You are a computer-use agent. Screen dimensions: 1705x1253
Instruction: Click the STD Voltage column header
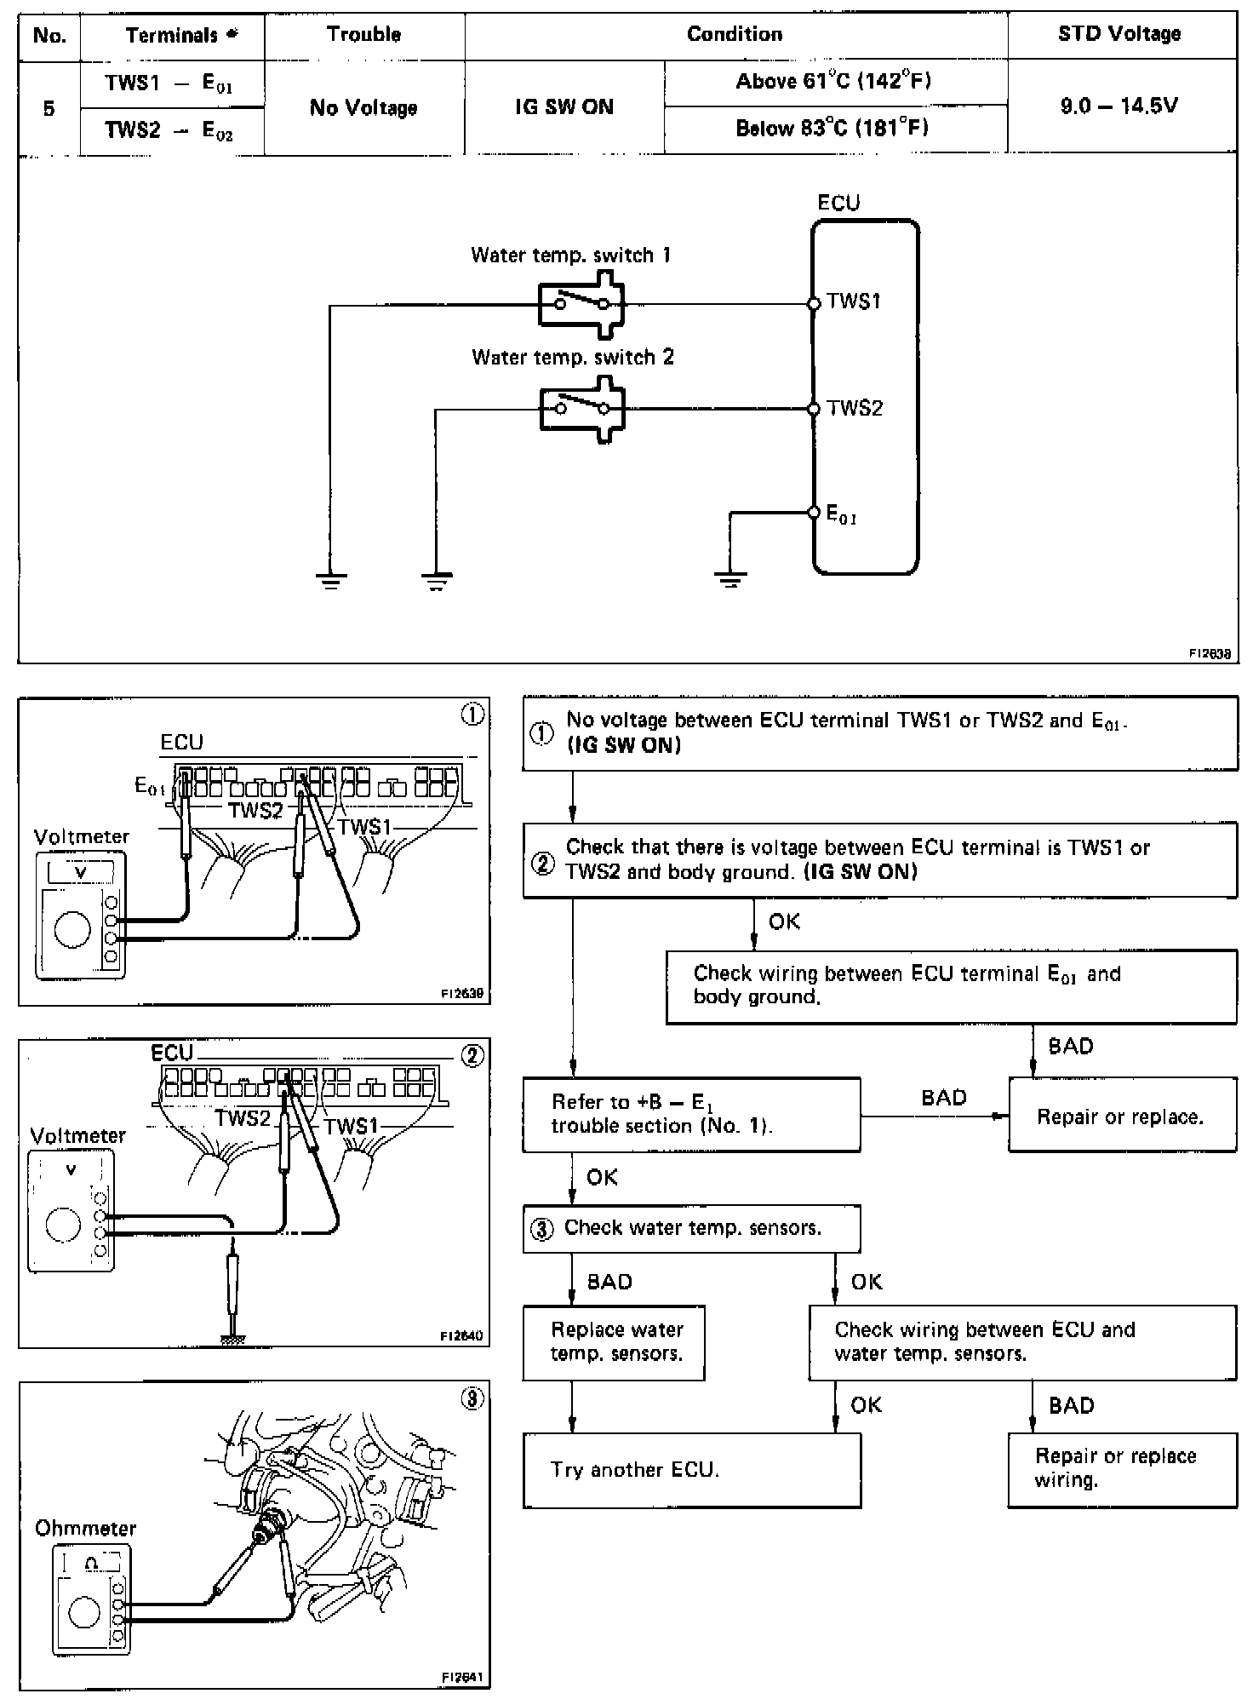(x=1119, y=34)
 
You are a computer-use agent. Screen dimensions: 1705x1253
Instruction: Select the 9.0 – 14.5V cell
(x=1119, y=106)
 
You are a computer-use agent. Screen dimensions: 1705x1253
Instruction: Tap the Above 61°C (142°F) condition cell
(x=833, y=82)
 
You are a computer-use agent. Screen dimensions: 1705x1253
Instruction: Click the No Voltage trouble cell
(x=363, y=107)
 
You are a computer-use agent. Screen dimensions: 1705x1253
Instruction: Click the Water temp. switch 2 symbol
(x=582, y=409)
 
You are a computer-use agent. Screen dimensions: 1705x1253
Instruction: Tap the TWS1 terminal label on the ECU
(x=854, y=301)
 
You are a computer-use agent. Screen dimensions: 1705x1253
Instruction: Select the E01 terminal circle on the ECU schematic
(x=813, y=513)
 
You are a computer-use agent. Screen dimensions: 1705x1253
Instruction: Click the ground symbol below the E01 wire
(x=730, y=582)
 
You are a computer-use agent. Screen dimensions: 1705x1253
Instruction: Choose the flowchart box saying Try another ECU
(x=691, y=1470)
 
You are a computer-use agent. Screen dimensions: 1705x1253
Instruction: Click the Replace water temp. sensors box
(x=614, y=1342)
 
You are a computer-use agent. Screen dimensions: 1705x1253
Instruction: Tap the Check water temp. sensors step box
(x=691, y=1228)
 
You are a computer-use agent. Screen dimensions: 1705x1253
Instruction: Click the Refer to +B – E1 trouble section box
(x=691, y=1114)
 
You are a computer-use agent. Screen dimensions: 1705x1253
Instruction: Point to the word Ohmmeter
(x=85, y=1528)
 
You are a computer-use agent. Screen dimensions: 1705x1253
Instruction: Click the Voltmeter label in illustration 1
(x=82, y=836)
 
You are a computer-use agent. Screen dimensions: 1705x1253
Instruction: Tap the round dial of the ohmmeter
(x=83, y=1612)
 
